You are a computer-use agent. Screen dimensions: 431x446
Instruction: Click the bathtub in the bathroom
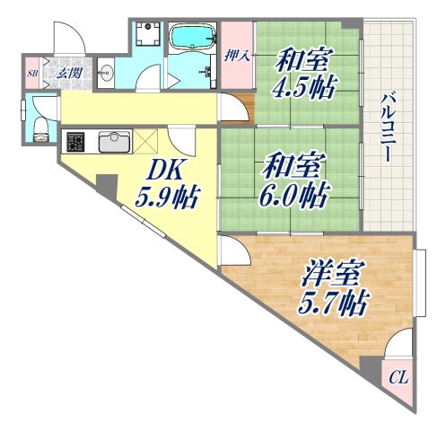(192, 38)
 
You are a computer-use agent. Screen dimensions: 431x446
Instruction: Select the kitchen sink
(113, 142)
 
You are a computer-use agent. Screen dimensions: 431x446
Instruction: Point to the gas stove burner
(75, 142)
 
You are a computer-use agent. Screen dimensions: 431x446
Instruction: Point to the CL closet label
(398, 378)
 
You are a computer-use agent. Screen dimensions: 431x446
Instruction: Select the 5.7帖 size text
(333, 301)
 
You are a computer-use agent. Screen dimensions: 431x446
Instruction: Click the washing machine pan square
(145, 37)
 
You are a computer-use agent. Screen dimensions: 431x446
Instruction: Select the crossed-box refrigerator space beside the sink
(148, 142)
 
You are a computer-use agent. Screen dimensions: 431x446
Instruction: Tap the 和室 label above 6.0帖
(288, 166)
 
